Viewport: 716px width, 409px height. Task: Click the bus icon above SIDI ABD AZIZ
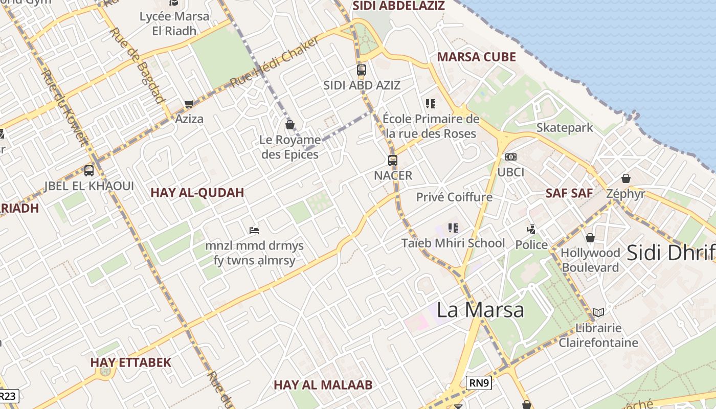tap(362, 70)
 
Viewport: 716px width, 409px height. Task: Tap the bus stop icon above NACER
tap(392, 160)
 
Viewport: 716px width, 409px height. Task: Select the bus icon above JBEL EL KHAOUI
tap(89, 171)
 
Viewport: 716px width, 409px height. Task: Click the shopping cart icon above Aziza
tap(189, 104)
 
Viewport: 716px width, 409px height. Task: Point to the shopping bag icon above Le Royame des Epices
tap(290, 124)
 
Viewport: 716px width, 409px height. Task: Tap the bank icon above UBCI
tap(510, 157)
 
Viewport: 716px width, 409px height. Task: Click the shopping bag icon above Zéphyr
tap(625, 178)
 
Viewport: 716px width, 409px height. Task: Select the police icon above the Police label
tap(531, 230)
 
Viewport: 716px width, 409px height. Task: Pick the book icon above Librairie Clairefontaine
tap(598, 312)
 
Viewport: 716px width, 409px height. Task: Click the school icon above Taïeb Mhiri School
tap(453, 228)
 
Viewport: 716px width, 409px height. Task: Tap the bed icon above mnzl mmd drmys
tap(254, 231)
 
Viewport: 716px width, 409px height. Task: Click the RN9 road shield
tap(479, 382)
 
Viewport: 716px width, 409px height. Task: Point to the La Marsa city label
tap(480, 310)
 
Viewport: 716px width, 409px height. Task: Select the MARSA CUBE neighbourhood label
tap(476, 57)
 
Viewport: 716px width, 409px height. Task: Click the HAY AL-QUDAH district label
tap(197, 193)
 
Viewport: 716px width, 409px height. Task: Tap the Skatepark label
tap(565, 128)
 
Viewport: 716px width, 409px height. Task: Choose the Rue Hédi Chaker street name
tap(275, 62)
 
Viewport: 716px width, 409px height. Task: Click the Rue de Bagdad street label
tap(138, 65)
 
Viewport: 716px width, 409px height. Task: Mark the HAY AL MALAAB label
tap(323, 385)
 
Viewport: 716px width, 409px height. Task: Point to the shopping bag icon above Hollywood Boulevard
tap(590, 238)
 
